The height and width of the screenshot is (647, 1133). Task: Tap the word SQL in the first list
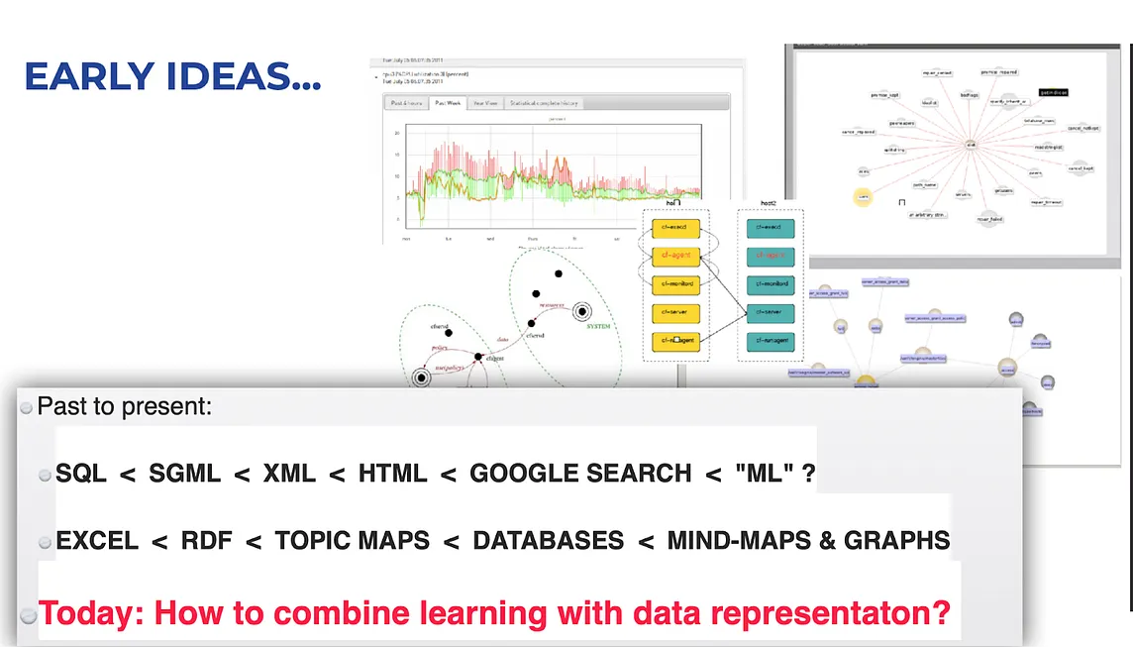click(81, 474)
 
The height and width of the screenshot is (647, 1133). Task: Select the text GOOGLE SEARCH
click(580, 474)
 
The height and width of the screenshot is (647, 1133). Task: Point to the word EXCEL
click(97, 541)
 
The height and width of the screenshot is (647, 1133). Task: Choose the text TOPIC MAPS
click(353, 541)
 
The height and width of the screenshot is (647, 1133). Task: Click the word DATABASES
click(549, 541)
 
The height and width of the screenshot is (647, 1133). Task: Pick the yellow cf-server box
click(672, 313)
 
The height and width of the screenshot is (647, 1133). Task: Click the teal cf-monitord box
click(770, 284)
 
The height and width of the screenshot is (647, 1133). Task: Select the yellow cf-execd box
click(672, 227)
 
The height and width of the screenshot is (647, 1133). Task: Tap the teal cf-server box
click(770, 313)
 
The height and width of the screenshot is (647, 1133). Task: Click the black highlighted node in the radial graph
click(1053, 92)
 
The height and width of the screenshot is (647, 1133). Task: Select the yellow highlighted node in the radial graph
click(863, 198)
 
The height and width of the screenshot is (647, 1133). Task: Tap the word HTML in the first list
click(392, 474)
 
